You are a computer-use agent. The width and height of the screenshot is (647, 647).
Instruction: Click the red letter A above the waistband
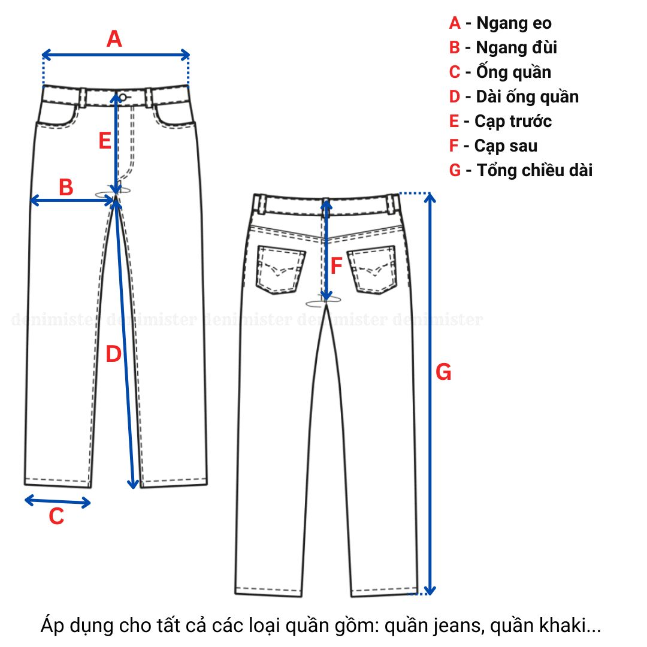[114, 40]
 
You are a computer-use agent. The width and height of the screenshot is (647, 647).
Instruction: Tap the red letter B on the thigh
[66, 188]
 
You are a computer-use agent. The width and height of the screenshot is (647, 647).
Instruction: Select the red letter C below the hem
[56, 516]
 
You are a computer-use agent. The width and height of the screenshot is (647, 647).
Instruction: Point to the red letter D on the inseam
[113, 355]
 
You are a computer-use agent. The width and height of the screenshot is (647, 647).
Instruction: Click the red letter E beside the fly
[105, 141]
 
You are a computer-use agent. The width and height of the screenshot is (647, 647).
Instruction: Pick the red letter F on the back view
[337, 265]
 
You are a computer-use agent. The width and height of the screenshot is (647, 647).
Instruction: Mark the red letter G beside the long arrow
[443, 373]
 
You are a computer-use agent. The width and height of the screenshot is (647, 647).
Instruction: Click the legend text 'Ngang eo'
[514, 23]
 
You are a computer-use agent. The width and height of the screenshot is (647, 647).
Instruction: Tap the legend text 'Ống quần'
[513, 72]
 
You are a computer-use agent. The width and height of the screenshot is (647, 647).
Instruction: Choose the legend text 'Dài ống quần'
[527, 96]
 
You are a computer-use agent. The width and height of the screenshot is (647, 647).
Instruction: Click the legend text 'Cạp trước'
[513, 121]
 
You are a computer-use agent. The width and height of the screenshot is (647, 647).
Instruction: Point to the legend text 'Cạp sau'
[506, 146]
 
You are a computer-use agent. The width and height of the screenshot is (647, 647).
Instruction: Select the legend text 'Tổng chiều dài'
[534, 170]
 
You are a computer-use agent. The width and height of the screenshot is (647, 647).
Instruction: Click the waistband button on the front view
[123, 97]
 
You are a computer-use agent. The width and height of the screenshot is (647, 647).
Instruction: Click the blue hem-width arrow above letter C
[58, 501]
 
